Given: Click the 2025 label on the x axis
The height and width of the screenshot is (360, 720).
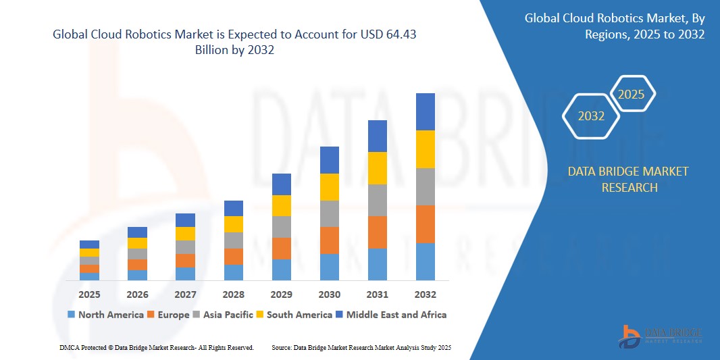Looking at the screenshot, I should pyautogui.click(x=89, y=294).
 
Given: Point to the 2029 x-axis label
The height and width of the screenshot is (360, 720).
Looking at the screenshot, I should pyautogui.click(x=282, y=294).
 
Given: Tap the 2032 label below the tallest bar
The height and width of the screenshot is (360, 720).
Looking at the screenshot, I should pyautogui.click(x=425, y=294).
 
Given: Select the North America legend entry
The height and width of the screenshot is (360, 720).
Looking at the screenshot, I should pyautogui.click(x=105, y=315).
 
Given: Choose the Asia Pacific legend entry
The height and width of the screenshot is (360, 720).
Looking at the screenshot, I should pyautogui.click(x=226, y=315).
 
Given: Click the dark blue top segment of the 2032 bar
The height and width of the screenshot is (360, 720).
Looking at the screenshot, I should pyautogui.click(x=425, y=111).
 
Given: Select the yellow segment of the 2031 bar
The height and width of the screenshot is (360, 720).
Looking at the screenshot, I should pyautogui.click(x=377, y=168).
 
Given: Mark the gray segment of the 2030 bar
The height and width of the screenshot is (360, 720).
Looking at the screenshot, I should pyautogui.click(x=329, y=213).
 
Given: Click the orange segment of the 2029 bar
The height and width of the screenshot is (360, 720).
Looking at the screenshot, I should pyautogui.click(x=282, y=248).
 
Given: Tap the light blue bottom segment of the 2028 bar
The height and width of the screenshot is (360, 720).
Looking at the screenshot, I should pyautogui.click(x=234, y=272).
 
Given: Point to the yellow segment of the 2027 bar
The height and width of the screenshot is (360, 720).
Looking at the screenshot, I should pyautogui.click(x=185, y=234).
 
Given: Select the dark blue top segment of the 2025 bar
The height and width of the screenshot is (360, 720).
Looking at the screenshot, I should pyautogui.click(x=89, y=245).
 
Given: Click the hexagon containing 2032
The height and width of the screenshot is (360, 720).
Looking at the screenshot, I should pyautogui.click(x=591, y=116).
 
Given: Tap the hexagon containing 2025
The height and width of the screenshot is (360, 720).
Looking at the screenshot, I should pyautogui.click(x=632, y=95).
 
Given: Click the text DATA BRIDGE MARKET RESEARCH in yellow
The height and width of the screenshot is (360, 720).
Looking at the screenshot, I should pyautogui.click(x=628, y=180).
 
